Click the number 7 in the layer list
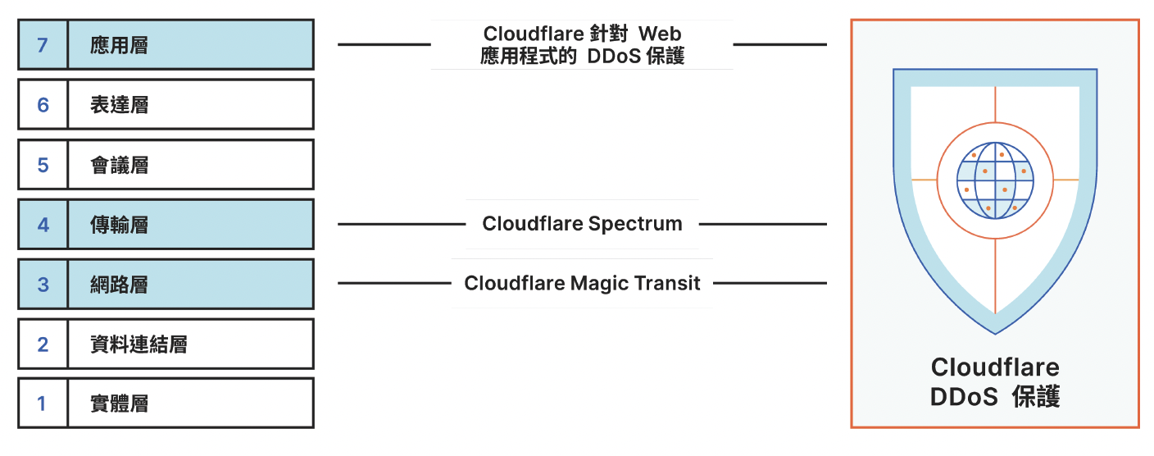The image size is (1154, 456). pyautogui.click(x=43, y=44)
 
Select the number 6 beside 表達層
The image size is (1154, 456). pyautogui.click(x=43, y=104)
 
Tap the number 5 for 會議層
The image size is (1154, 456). pyautogui.click(x=43, y=165)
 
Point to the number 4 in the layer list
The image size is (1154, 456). pyautogui.click(x=43, y=224)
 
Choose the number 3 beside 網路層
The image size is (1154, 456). pyautogui.click(x=43, y=284)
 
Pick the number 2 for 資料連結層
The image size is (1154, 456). pyautogui.click(x=43, y=344)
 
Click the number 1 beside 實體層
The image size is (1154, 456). pyautogui.click(x=43, y=404)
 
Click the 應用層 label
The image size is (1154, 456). pyautogui.click(x=119, y=44)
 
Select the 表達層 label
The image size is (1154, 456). pyautogui.click(x=119, y=104)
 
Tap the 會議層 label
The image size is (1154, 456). pyautogui.click(x=119, y=165)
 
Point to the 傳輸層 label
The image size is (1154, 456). pyautogui.click(x=119, y=224)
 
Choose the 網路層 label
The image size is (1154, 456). pyautogui.click(x=119, y=284)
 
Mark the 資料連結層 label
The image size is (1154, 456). pyautogui.click(x=139, y=344)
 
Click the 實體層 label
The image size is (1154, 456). pyautogui.click(x=119, y=404)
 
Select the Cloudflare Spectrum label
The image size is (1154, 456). pyautogui.click(x=582, y=224)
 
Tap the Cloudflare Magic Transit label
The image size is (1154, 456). pyautogui.click(x=582, y=284)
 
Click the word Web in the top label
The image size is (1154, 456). pyautogui.click(x=660, y=34)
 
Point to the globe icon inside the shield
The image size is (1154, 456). pyautogui.click(x=995, y=180)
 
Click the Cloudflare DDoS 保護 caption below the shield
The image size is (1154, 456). pyautogui.click(x=995, y=382)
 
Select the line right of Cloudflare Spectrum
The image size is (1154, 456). pyautogui.click(x=762, y=224)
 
